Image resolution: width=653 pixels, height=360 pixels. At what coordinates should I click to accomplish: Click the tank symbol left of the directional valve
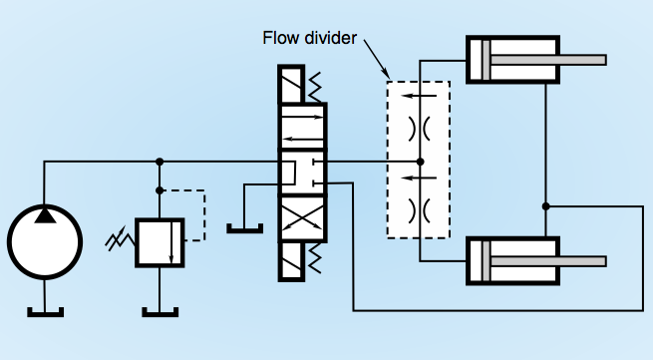243,227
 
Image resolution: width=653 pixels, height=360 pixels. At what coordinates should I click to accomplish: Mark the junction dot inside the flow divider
420,162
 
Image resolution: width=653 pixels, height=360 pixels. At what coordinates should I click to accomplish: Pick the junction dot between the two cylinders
545,206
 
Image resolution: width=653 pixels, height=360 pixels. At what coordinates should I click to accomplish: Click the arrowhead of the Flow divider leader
386,76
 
